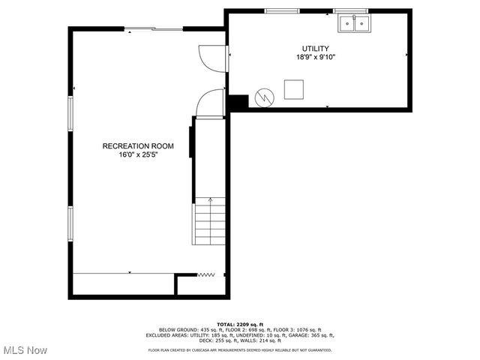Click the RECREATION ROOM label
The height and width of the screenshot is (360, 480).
click(x=138, y=145)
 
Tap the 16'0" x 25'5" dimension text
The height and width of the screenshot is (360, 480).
click(x=138, y=155)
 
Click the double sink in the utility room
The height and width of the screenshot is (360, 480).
click(x=354, y=24)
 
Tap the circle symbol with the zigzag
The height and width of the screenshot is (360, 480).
click(x=264, y=97)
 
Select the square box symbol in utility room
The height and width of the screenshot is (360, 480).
click(x=293, y=89)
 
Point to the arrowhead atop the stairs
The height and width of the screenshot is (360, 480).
click(x=211, y=200)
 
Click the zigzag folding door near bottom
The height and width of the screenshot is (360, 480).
click(x=206, y=275)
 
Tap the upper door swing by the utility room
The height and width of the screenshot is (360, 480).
click(x=212, y=58)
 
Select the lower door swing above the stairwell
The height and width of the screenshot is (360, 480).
click(x=211, y=103)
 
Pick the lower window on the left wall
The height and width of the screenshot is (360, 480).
click(x=71, y=223)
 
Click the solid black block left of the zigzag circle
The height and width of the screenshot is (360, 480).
click(x=238, y=101)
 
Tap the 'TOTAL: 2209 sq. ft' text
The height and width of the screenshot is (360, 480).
click(x=240, y=324)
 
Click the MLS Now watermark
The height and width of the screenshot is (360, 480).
click(x=25, y=350)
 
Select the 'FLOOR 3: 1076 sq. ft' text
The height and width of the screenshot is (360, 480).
click(x=298, y=330)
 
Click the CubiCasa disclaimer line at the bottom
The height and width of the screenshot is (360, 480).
click(x=240, y=349)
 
